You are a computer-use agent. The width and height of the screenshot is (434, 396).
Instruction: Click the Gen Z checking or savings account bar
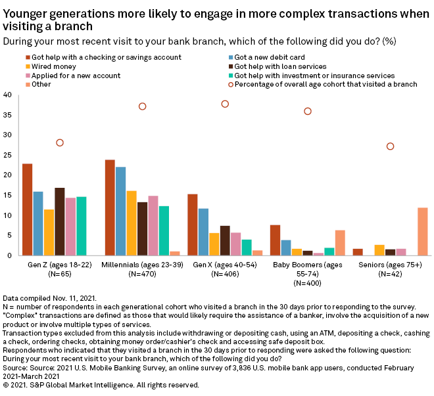click(x=27, y=209)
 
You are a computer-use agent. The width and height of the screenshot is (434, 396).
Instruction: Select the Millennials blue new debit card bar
click(x=120, y=211)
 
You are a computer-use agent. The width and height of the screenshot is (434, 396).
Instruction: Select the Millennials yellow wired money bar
click(x=131, y=223)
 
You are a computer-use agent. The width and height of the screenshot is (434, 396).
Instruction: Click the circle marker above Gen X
click(x=225, y=104)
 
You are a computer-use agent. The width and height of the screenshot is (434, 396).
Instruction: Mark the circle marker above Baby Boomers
click(x=307, y=112)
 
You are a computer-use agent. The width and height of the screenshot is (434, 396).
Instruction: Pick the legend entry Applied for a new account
click(x=65, y=76)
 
